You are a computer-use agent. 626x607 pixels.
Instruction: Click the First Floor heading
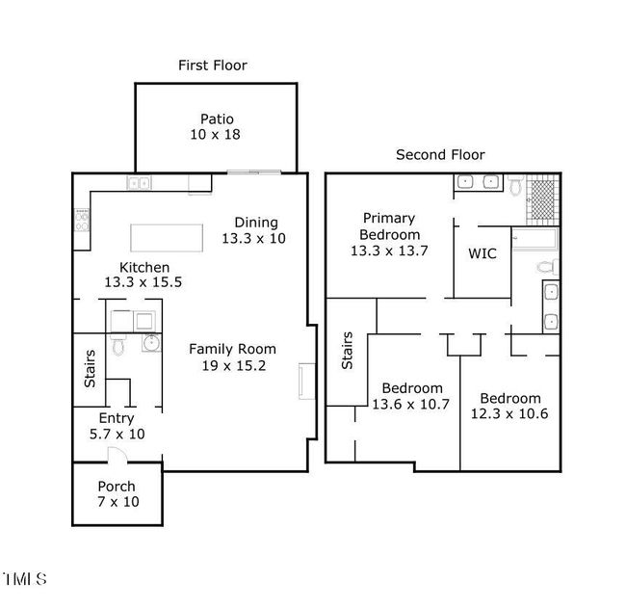(213, 66)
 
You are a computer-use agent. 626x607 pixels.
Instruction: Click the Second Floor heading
(440, 154)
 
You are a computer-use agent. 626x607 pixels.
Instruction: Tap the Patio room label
(217, 119)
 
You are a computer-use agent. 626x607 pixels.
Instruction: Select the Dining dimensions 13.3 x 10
(253, 238)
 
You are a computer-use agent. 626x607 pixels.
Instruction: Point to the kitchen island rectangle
(167, 238)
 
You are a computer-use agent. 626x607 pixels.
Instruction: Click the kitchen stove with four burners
(82, 220)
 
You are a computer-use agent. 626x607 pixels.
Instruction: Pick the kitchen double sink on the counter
(139, 183)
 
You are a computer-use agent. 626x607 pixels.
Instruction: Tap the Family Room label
(232, 349)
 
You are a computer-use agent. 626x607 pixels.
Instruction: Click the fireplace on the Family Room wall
(306, 381)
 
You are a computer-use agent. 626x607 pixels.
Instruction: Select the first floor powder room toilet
(117, 345)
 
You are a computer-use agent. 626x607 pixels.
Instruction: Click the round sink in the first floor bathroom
(152, 343)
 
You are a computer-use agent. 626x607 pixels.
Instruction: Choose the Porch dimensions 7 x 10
(118, 502)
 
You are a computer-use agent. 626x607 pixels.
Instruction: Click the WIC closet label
(483, 253)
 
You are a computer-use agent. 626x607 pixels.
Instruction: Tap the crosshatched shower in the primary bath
(543, 198)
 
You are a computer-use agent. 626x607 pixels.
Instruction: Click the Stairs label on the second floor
(347, 350)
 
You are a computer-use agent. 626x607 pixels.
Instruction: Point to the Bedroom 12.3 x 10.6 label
(509, 406)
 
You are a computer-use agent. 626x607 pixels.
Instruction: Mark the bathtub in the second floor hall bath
(535, 239)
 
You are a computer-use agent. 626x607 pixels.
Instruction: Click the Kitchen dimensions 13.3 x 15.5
(143, 282)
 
